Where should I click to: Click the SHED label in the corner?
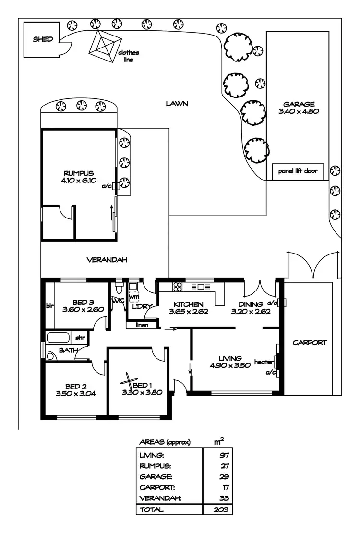43,40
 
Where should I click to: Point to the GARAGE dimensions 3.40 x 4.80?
298,111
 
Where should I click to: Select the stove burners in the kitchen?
178,287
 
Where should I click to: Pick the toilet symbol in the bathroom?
50,356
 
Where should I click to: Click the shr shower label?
80,338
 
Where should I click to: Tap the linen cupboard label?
141,325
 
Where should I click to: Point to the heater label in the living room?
264,362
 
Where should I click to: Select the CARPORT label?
310,343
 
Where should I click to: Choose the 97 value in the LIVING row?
221,455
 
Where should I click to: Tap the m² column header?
218,441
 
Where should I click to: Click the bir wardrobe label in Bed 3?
49,305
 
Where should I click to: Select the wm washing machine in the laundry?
133,298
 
